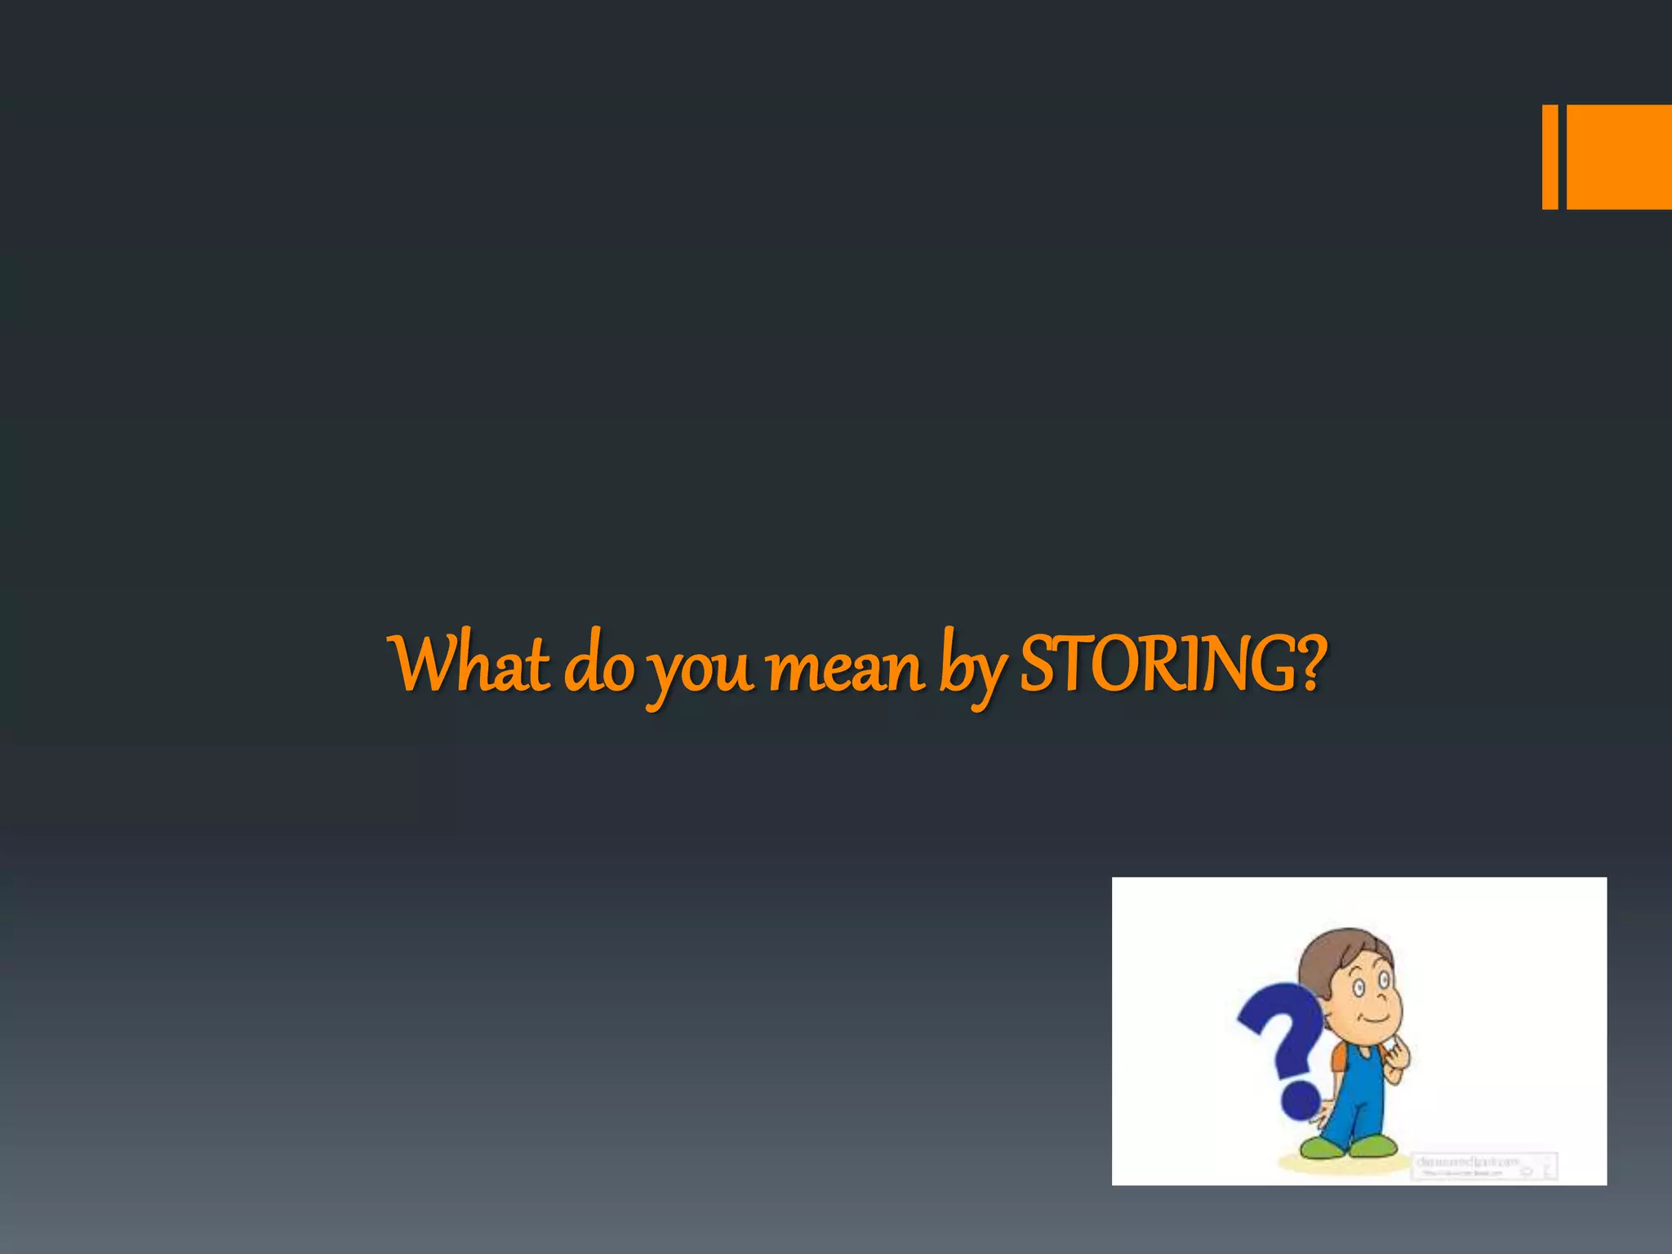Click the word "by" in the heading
(972, 668)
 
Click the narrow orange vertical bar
(1550, 157)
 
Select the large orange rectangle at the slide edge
(1619, 157)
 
